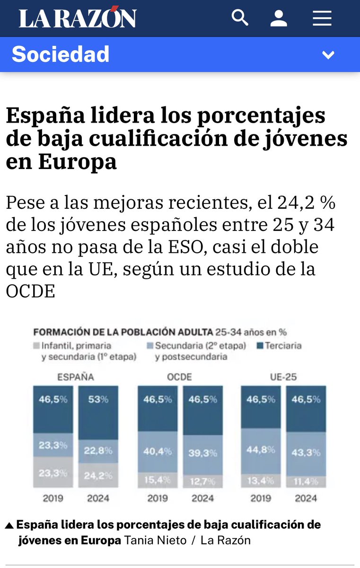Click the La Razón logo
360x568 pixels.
[x=78, y=19]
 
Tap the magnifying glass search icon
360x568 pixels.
[x=240, y=18]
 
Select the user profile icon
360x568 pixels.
[x=279, y=19]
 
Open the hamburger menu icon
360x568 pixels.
[x=322, y=19]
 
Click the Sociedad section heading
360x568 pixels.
[x=61, y=54]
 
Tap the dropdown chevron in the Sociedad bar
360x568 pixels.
[x=328, y=55]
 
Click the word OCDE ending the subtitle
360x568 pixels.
[x=30, y=291]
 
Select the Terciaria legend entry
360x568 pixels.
[x=282, y=346]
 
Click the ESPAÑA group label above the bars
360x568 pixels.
[x=76, y=377]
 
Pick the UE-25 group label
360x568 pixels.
[x=283, y=377]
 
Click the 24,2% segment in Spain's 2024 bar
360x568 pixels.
[x=98, y=475]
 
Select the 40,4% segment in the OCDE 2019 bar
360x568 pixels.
[x=158, y=452]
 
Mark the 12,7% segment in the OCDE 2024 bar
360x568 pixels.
[x=202, y=481]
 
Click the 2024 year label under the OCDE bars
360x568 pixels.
[x=202, y=498]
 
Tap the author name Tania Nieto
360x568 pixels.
[x=155, y=540]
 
